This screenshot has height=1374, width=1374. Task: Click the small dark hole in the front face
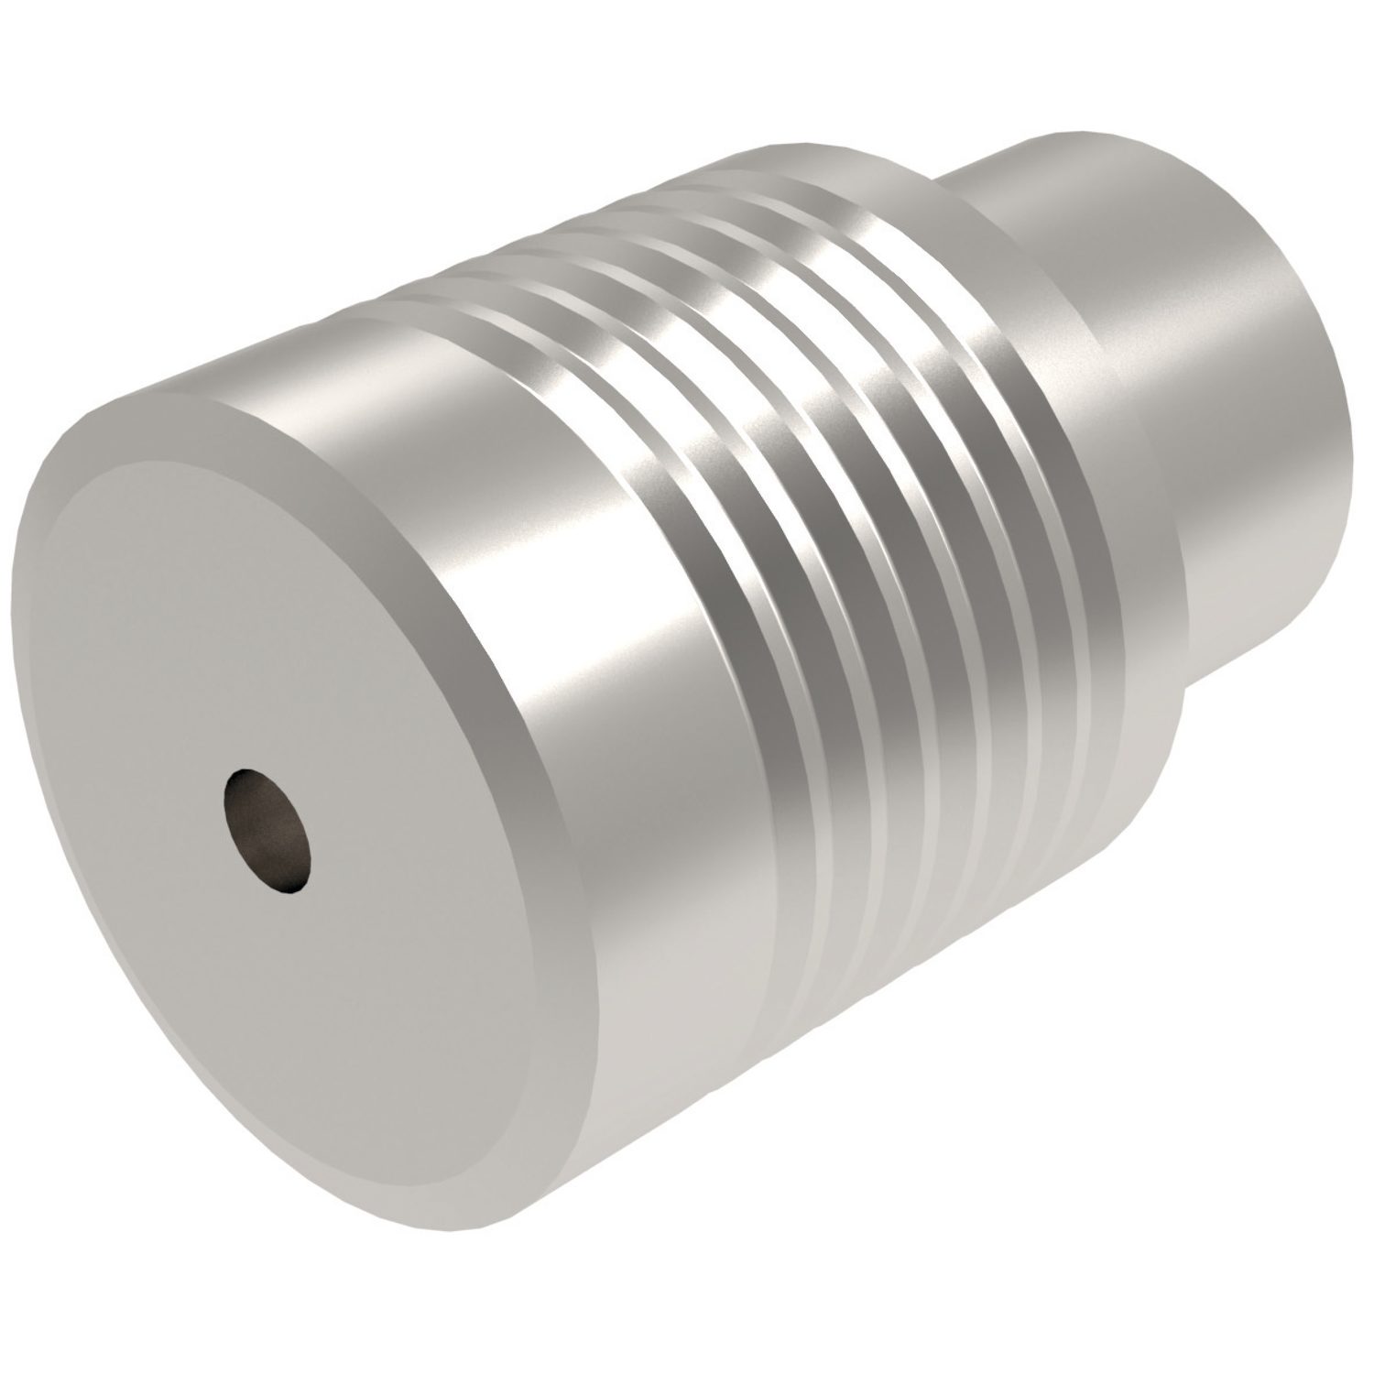(267, 830)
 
